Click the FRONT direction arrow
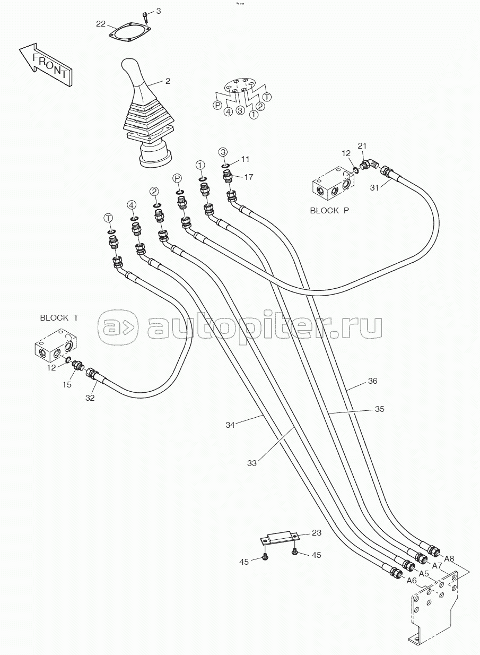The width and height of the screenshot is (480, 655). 45,65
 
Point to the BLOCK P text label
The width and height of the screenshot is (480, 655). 329,210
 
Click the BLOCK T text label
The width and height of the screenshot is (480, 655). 59,317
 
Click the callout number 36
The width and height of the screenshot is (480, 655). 372,381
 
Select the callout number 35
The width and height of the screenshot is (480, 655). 380,409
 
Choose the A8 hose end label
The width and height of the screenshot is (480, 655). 449,559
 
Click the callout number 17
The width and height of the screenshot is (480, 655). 249,177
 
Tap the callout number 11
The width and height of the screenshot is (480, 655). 245,159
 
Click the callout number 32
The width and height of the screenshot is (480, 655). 90,398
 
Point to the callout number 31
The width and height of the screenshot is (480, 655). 374,187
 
